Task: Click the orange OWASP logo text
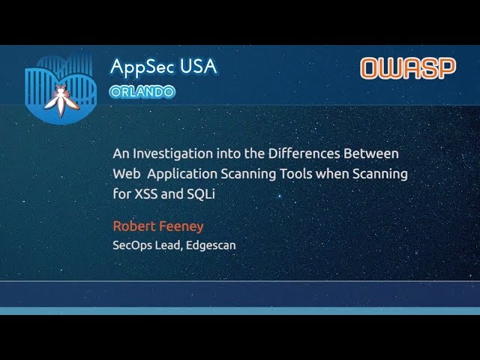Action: point(408,68)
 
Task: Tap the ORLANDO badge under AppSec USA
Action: point(142,91)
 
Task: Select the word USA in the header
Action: point(199,66)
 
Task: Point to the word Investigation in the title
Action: point(169,154)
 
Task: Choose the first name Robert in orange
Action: point(133,226)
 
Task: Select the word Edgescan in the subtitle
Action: point(211,245)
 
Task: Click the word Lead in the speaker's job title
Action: point(170,244)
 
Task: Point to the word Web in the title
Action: point(125,173)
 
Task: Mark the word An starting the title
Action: point(121,153)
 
